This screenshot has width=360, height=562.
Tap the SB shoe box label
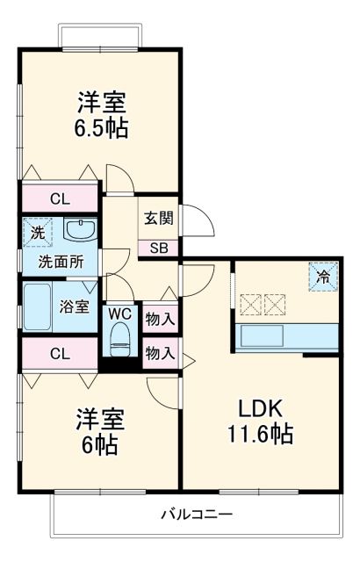point(158,248)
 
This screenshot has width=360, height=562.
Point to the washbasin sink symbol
point(82,231)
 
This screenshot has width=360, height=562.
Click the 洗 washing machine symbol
point(37,233)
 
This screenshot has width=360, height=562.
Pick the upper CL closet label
point(60,199)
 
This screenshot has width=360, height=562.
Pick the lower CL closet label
point(60,354)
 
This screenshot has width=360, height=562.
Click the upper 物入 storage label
point(159,318)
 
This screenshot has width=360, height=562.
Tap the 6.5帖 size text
point(101,129)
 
